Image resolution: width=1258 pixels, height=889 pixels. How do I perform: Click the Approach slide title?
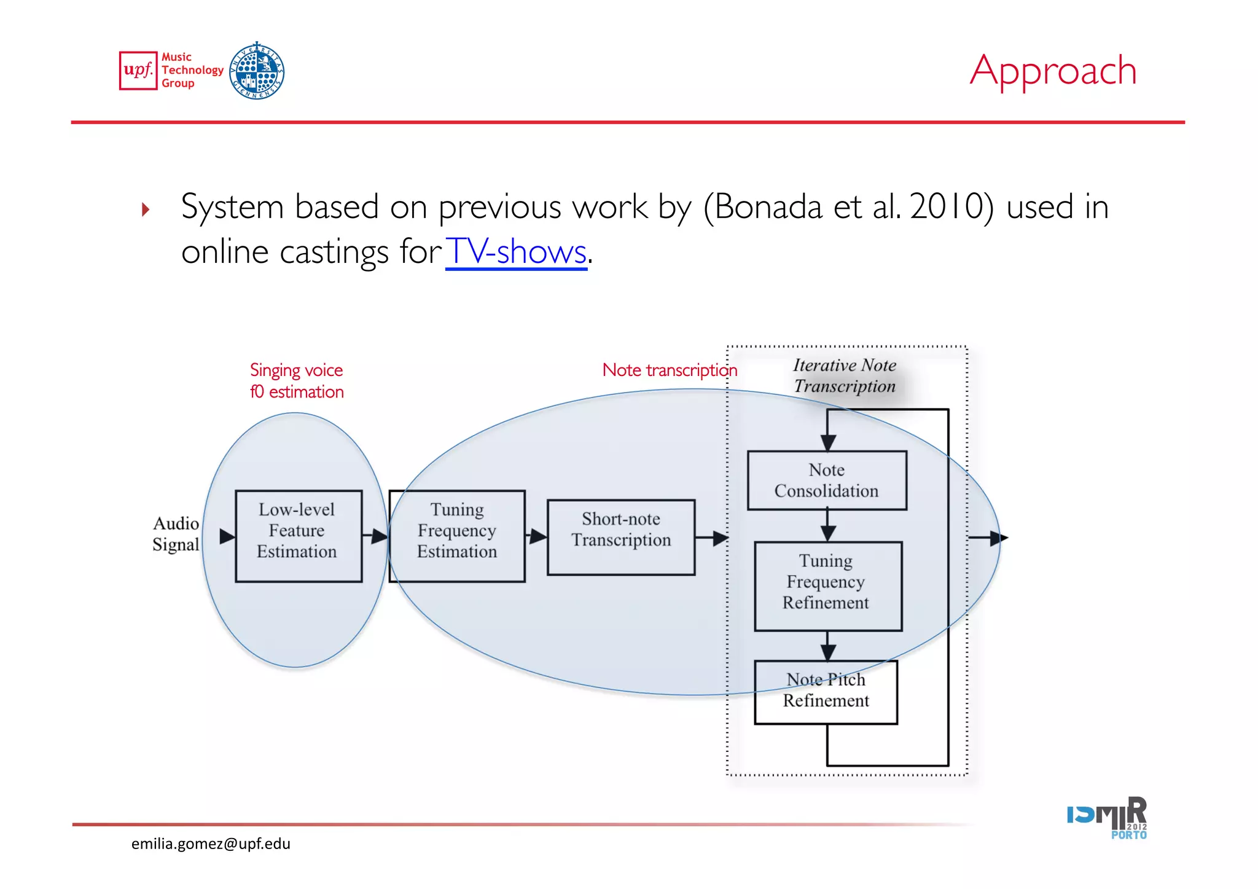(x=1053, y=71)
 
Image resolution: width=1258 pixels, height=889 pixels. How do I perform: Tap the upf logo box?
(x=138, y=71)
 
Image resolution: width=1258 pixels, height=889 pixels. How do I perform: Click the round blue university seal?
(x=257, y=71)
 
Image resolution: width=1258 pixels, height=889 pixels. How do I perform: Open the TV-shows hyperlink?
(x=516, y=252)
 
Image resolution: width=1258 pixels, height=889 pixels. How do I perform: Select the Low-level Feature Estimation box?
(x=299, y=536)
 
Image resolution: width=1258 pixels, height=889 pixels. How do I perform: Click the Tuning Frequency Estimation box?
(x=457, y=536)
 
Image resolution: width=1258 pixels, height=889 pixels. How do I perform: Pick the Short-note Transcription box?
(x=621, y=538)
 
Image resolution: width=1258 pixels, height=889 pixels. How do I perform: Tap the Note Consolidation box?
(x=827, y=480)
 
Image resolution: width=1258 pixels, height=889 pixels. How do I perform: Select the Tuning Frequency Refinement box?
(x=827, y=586)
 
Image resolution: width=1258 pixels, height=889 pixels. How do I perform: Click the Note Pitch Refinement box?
(x=826, y=692)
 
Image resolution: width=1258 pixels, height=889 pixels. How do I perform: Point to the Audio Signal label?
(x=176, y=534)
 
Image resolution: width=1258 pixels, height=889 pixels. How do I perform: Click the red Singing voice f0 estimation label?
(x=297, y=381)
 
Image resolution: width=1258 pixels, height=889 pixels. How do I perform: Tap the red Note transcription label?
(x=669, y=370)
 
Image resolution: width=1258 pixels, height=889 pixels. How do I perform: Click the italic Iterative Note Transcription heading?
(x=845, y=375)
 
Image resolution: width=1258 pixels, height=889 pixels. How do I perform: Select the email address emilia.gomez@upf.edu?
(x=211, y=844)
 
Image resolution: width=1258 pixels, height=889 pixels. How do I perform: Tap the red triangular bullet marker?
(x=146, y=210)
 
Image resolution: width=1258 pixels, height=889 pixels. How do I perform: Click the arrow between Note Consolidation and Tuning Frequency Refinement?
(x=827, y=527)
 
